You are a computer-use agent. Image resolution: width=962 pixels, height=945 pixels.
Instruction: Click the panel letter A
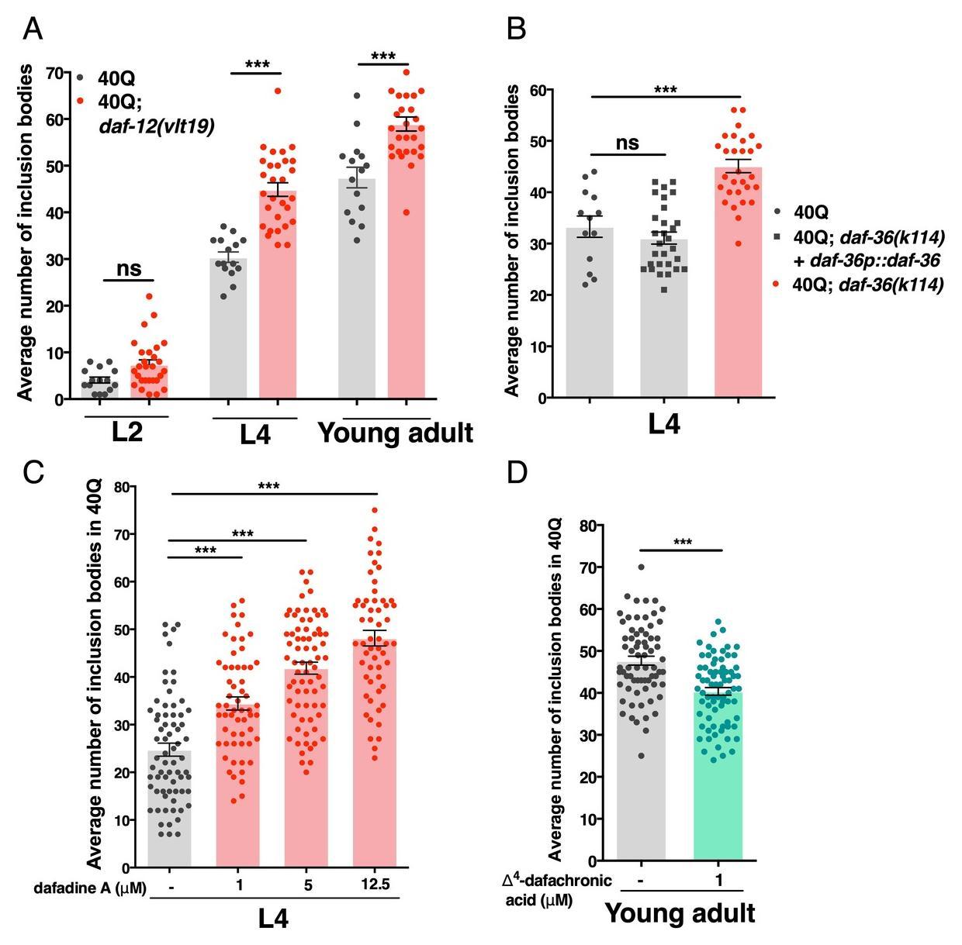pyautogui.click(x=33, y=29)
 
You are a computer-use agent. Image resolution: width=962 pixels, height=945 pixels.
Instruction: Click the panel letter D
pyautogui.click(x=516, y=472)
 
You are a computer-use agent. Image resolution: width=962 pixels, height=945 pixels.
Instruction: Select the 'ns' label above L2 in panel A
pyautogui.click(x=129, y=268)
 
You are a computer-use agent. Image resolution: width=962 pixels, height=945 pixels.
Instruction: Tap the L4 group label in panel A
pyautogui.click(x=254, y=435)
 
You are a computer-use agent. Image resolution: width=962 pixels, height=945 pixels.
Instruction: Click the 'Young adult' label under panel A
pyautogui.click(x=395, y=433)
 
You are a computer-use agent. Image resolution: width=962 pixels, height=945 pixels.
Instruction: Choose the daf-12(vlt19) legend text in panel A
pyautogui.click(x=156, y=126)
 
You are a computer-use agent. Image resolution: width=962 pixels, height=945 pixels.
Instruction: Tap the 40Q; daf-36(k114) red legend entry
pyautogui.click(x=867, y=285)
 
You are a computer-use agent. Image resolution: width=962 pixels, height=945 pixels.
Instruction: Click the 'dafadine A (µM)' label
pyautogui.click(x=90, y=888)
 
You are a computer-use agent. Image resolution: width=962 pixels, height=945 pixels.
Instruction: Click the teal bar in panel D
pyautogui.click(x=718, y=775)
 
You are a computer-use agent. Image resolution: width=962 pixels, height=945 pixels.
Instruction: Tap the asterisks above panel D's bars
pyautogui.click(x=682, y=542)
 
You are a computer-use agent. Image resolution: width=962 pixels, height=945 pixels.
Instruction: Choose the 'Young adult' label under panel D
pyautogui.click(x=680, y=913)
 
